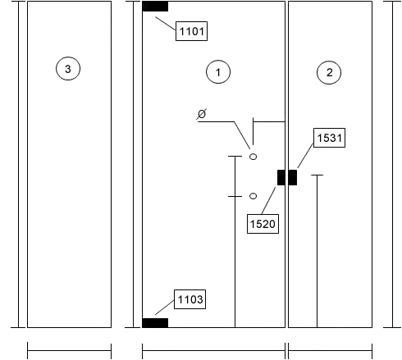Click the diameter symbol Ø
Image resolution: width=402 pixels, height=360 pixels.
coord(202,114)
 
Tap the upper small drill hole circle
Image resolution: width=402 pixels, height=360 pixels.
coord(253,157)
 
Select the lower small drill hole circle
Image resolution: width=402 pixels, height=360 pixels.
coord(254,196)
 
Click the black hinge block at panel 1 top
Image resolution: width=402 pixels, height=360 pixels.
coord(155,7)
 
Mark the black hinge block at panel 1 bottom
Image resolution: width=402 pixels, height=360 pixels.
coord(155,323)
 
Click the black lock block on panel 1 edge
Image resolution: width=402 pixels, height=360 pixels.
coord(281,177)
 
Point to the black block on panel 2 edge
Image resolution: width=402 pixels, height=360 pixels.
coord(293,177)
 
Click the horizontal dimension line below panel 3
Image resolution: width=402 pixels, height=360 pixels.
coord(69,350)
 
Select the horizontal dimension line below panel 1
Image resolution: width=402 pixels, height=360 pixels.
coord(213,350)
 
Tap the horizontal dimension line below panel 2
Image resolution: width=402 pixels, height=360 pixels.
coord(330,350)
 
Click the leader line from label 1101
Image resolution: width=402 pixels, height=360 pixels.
coord(166,24)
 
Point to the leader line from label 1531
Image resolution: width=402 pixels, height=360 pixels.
coord(305,155)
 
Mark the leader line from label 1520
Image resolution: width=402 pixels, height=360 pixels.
coord(268,200)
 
